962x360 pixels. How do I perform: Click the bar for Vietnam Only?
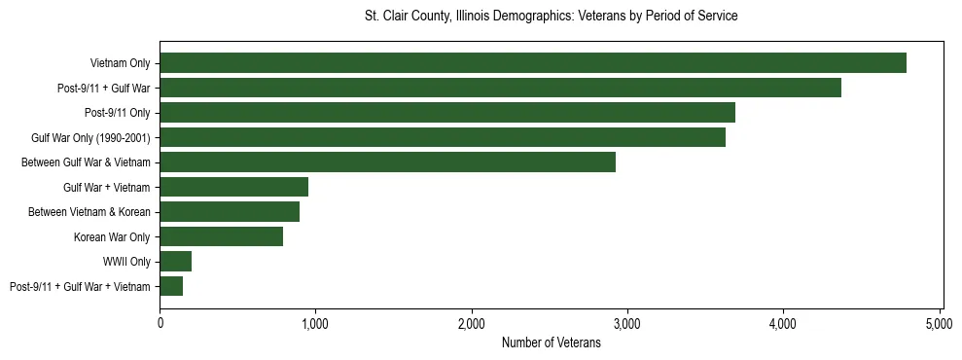(533, 63)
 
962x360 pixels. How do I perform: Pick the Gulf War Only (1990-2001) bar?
(443, 137)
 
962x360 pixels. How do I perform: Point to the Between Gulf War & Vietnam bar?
(387, 162)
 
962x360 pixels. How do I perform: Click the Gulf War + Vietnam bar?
(233, 187)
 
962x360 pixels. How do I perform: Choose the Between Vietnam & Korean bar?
(230, 211)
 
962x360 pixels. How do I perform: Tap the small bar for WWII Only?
(175, 261)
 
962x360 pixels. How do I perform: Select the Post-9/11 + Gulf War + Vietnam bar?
(171, 286)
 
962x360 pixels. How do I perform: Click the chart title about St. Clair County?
(551, 17)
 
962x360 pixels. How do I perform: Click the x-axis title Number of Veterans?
(551, 342)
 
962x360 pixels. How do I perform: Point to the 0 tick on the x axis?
(160, 323)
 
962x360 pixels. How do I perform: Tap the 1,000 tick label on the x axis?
(315, 323)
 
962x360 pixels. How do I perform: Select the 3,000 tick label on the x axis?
(627, 323)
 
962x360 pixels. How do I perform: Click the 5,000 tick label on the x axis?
(940, 323)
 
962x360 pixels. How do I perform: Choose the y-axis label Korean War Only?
(112, 236)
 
